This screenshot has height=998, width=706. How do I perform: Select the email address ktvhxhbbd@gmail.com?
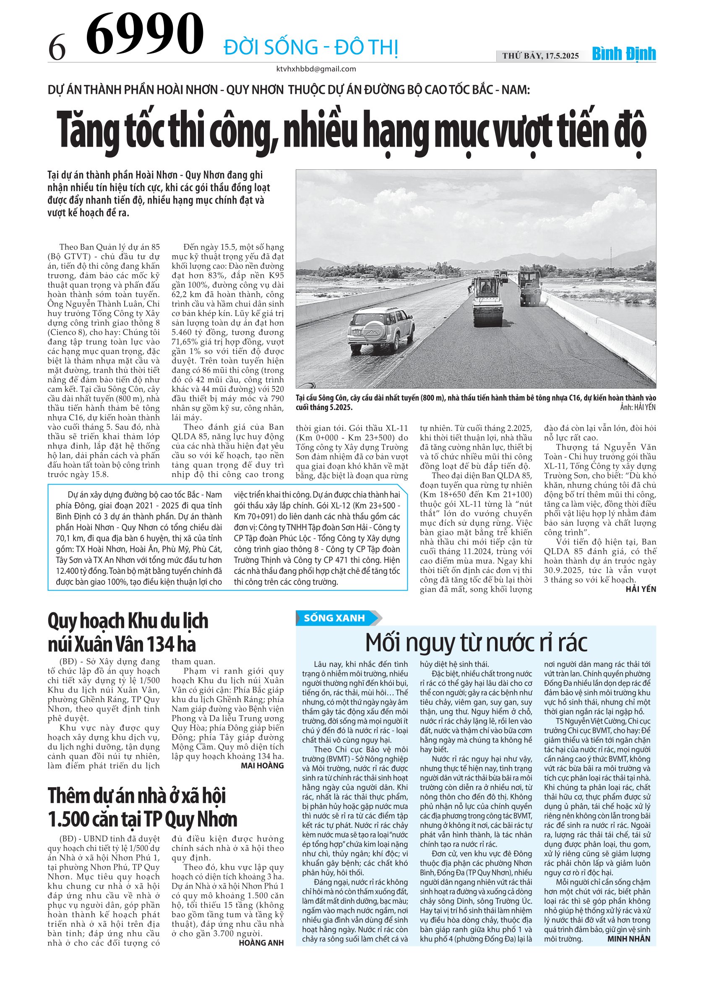pyautogui.click(x=316, y=69)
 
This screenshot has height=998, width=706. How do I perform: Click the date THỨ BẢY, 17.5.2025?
pyautogui.click(x=540, y=56)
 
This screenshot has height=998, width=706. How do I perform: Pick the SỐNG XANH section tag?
pyautogui.click(x=334, y=618)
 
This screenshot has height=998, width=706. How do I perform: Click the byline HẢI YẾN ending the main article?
pyautogui.click(x=640, y=589)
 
